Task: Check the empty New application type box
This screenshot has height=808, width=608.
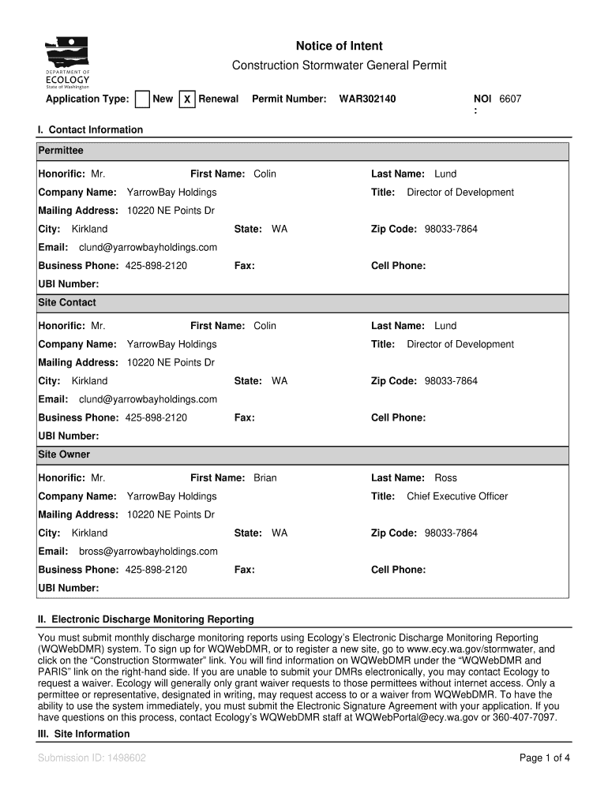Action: point(142,99)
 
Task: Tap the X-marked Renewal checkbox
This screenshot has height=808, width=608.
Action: point(187,99)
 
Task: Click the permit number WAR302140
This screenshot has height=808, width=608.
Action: point(367,99)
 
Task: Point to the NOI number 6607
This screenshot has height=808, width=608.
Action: point(510,99)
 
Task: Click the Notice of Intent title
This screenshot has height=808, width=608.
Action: point(339,47)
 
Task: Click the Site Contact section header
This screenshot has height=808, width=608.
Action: point(67,303)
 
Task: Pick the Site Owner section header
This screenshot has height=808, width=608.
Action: point(64,455)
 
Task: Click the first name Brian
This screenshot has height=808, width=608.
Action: point(265,478)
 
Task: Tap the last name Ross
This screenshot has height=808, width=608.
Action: point(445,478)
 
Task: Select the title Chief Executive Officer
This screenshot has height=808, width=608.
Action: point(457,496)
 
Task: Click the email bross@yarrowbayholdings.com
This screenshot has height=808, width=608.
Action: point(148,552)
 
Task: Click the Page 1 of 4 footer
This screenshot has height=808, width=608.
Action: point(544,758)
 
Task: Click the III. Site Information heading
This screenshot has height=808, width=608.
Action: point(84,734)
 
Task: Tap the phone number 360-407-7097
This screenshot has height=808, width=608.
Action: point(523,718)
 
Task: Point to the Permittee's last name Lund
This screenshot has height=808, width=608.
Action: point(445,174)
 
